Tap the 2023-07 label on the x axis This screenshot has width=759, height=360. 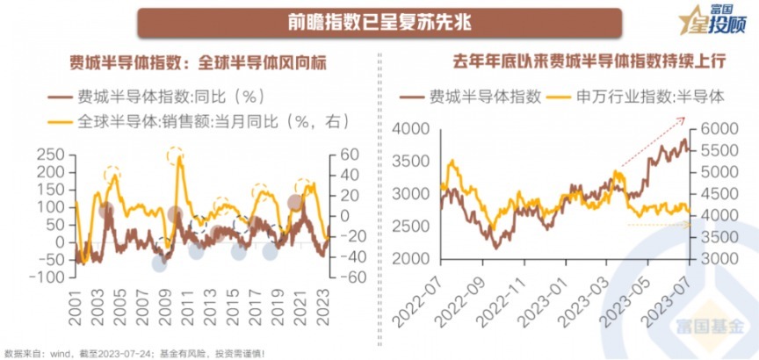tap(676, 320)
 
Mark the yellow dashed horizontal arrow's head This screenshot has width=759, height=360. tap(690, 225)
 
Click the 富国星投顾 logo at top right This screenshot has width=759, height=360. tap(712, 24)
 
